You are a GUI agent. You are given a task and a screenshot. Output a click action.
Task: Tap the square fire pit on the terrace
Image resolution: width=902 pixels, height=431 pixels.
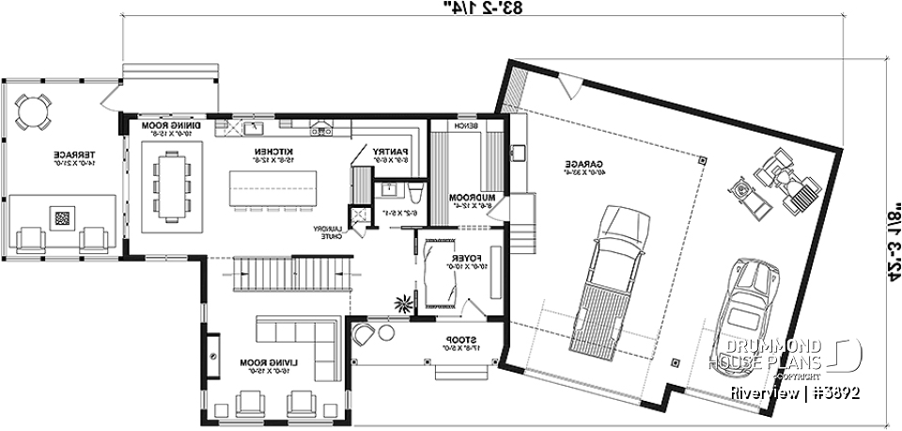tap(62, 217)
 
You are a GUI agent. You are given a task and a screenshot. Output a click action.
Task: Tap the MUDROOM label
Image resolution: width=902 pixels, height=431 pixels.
tap(466, 199)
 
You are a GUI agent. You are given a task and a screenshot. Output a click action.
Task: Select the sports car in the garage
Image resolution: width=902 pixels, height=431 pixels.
tap(744, 309)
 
